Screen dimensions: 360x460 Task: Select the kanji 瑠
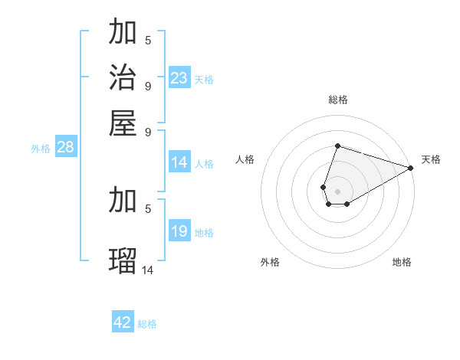click(x=123, y=260)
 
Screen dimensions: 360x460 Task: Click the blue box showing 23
click(x=179, y=78)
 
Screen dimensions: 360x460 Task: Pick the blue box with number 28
click(x=65, y=148)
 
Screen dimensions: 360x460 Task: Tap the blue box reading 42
click(x=123, y=322)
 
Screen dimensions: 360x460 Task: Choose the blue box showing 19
click(x=179, y=231)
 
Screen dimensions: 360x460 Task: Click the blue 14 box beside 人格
click(x=179, y=162)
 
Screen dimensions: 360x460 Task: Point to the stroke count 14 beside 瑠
click(x=148, y=270)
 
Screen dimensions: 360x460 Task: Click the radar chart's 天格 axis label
click(x=431, y=159)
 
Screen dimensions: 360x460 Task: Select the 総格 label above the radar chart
click(x=337, y=100)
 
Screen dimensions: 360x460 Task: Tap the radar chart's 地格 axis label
click(x=402, y=262)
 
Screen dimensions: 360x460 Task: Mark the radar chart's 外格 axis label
click(x=270, y=262)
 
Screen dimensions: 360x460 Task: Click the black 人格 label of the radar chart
click(x=245, y=159)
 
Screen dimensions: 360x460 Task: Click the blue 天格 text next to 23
click(x=204, y=79)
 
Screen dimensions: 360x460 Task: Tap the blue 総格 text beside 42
click(x=147, y=323)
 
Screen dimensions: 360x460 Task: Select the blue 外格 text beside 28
click(x=41, y=149)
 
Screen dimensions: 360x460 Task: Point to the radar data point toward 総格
click(x=337, y=146)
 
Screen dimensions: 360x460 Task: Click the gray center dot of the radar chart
click(x=337, y=190)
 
